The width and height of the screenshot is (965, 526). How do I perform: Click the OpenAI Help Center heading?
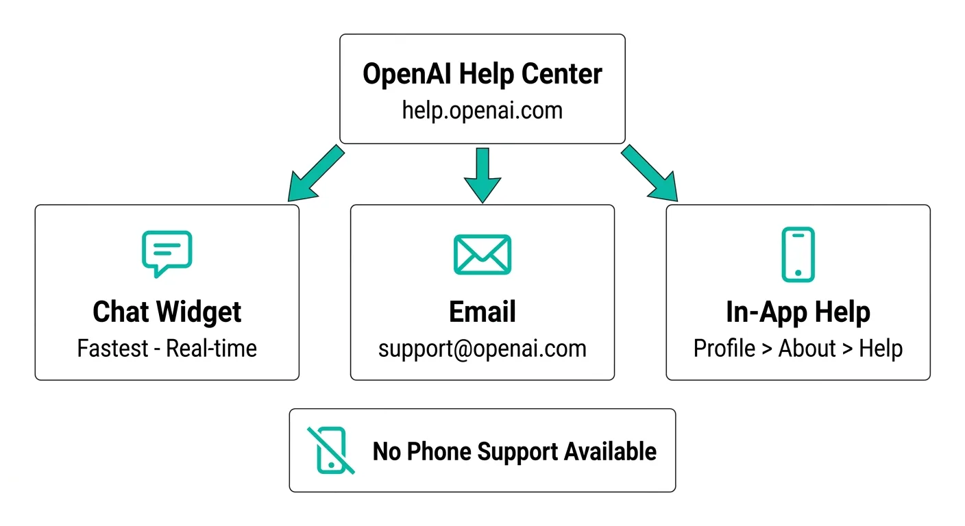482,74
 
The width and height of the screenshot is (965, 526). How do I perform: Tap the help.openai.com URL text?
482,111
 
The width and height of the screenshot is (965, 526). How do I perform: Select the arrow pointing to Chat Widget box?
316,173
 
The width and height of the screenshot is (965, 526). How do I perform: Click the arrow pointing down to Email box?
483,175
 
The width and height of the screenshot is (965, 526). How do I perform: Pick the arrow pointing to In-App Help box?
649,173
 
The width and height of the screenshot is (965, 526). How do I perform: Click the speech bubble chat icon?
167,254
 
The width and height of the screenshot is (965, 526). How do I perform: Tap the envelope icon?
483,254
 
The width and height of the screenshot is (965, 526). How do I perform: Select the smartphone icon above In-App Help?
798,254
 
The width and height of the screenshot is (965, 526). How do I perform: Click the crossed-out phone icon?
331,450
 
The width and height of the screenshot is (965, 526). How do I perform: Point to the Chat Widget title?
167,312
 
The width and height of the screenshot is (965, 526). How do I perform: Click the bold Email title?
483,312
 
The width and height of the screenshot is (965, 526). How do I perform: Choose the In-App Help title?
798,312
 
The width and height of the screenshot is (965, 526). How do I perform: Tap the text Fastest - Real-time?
167,348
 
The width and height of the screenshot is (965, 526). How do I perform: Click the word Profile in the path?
724,348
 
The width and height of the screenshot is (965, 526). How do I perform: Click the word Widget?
199,312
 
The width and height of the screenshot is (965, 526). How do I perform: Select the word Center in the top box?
562,74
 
